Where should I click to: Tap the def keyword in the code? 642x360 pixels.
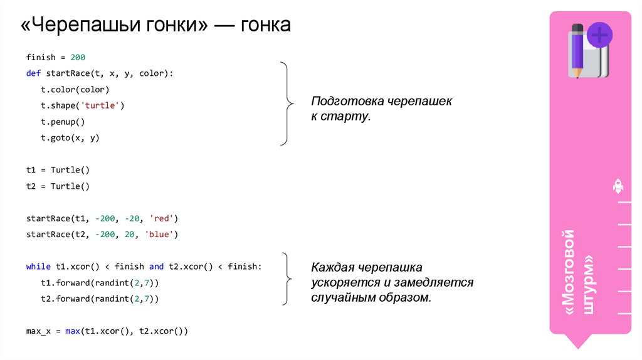tap(33, 73)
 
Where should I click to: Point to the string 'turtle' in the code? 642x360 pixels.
tap(102, 105)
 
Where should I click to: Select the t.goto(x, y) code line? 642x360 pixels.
tap(70, 138)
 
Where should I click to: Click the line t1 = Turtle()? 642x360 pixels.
tap(58, 170)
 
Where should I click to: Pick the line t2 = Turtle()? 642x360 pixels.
tap(58, 186)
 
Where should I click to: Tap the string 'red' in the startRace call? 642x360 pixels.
tap(165, 218)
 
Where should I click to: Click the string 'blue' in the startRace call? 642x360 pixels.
tap(162, 235)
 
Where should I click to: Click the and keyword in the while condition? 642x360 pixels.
tap(156, 267)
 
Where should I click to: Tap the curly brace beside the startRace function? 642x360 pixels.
tap(287, 103)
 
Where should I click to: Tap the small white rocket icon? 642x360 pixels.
tap(618, 186)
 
